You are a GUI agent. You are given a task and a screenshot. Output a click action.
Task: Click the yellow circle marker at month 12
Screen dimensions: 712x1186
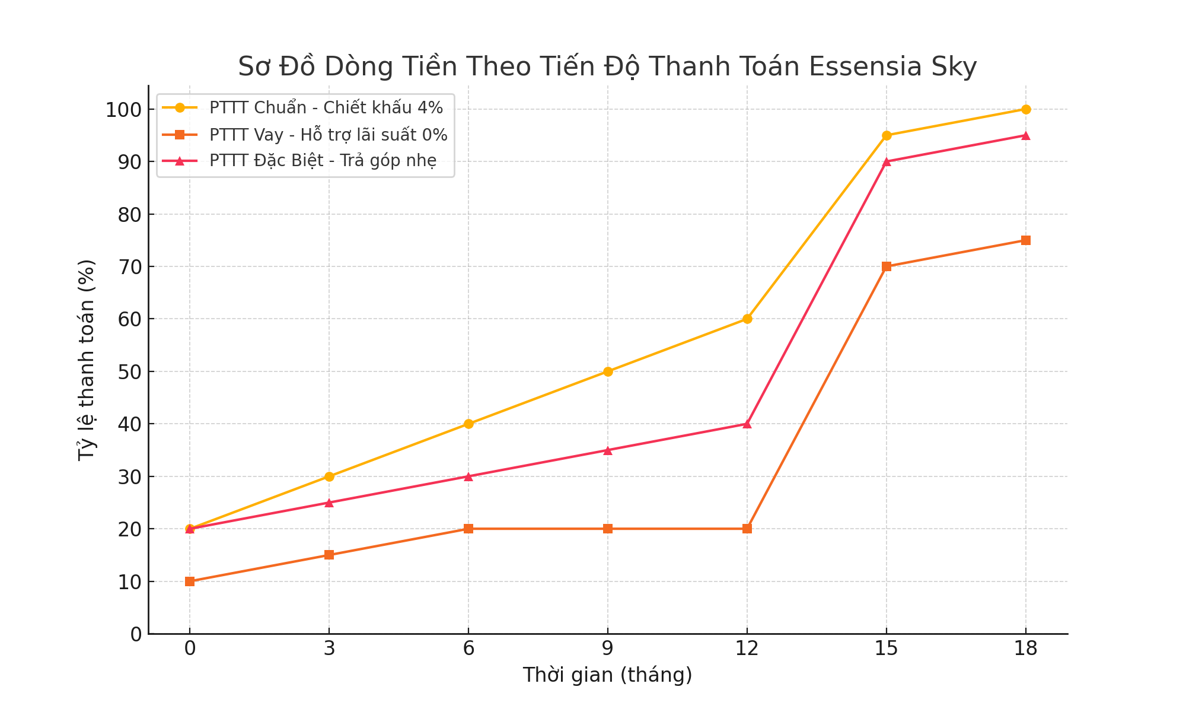pyautogui.click(x=747, y=319)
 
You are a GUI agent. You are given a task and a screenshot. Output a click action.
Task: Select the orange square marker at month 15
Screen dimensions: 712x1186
pyautogui.click(x=887, y=266)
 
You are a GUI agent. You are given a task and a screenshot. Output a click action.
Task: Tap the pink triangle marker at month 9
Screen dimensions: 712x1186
pyautogui.click(x=608, y=450)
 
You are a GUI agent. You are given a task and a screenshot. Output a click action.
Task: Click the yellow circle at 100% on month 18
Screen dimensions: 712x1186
pyautogui.click(x=1026, y=109)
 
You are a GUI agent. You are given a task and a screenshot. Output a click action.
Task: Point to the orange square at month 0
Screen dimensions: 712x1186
pyautogui.click(x=190, y=581)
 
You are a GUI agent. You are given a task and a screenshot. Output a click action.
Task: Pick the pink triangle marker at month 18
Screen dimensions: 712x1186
pyautogui.click(x=1026, y=135)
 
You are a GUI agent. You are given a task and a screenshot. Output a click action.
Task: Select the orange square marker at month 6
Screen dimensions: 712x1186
pyautogui.click(x=468, y=529)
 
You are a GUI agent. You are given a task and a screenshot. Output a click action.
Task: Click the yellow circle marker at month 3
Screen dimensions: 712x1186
pyautogui.click(x=329, y=476)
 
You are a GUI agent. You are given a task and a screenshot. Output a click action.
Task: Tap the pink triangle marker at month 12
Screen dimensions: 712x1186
pyautogui.click(x=747, y=424)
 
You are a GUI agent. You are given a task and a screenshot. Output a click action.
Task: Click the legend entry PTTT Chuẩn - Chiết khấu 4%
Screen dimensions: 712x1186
pyautogui.click(x=326, y=107)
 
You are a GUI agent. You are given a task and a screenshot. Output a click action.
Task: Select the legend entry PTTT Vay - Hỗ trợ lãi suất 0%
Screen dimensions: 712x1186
pyautogui.click(x=328, y=135)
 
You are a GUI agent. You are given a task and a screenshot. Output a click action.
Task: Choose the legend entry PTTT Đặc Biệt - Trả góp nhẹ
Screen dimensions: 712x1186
pyautogui.click(x=323, y=161)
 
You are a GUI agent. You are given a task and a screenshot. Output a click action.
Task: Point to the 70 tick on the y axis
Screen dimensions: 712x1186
pyautogui.click(x=130, y=266)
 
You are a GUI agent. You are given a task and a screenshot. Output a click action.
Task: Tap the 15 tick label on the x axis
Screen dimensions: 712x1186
pyautogui.click(x=887, y=649)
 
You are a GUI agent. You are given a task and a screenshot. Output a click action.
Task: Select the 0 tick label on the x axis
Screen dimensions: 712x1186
pyautogui.click(x=190, y=649)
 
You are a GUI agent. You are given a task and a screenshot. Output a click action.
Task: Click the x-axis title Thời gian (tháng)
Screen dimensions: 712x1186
pyautogui.click(x=607, y=675)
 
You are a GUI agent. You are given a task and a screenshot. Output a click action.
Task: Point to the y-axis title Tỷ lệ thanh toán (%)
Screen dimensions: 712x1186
pyautogui.click(x=87, y=360)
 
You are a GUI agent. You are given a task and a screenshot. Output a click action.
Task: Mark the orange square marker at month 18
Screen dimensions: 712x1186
pyautogui.click(x=1026, y=240)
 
